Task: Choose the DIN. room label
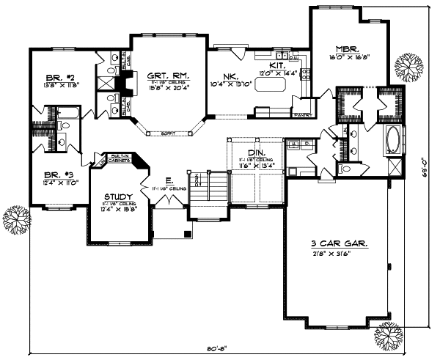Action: coord(246,153)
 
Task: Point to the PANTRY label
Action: coord(303,115)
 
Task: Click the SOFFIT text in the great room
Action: coord(157,133)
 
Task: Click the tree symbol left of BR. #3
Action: coord(14,218)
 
